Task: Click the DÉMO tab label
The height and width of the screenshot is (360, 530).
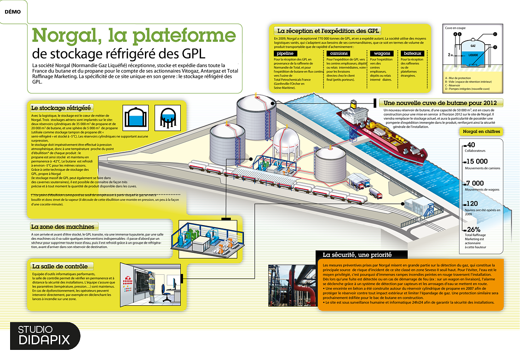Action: click(x=12, y=12)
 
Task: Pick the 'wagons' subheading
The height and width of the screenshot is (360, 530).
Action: click(x=382, y=53)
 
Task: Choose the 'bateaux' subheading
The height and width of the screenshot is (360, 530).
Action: click(x=412, y=53)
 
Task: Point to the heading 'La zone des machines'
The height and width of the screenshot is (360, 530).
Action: click(x=63, y=226)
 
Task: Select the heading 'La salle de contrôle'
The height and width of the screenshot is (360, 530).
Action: click(x=59, y=266)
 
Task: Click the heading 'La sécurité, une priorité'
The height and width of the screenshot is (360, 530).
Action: click(x=357, y=255)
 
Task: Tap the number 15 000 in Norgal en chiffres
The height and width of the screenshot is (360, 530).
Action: click(x=477, y=162)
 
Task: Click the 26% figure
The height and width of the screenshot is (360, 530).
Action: click(x=474, y=229)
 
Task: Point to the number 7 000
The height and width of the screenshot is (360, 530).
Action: click(x=474, y=183)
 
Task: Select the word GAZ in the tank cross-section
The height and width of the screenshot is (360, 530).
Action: click(x=472, y=46)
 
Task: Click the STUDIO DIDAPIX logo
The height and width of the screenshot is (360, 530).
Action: click(x=44, y=335)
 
